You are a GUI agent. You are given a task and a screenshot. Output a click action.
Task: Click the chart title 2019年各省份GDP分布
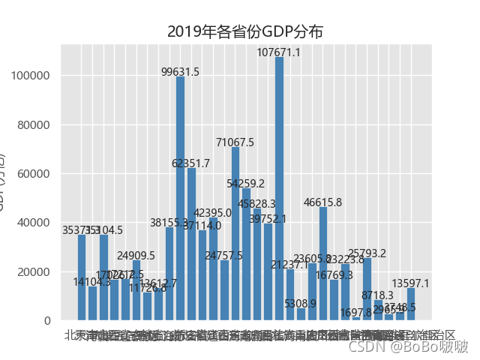[x=245, y=31]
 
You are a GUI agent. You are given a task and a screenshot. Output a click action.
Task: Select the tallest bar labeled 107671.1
[x=279, y=188]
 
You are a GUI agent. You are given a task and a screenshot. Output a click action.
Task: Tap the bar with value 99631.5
[x=180, y=198]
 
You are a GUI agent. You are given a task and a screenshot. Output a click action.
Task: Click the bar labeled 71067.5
[x=235, y=233]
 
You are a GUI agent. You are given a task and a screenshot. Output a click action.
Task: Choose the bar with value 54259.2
[x=246, y=254]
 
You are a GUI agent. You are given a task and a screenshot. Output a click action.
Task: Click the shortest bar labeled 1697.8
[x=356, y=319]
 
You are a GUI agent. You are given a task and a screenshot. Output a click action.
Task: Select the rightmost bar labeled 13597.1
[x=411, y=304]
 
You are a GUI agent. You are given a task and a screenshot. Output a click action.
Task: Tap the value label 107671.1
[x=279, y=52]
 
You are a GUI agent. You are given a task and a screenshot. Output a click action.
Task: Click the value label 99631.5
[x=180, y=72]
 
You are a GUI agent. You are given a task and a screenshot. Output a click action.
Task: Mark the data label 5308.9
[x=301, y=304]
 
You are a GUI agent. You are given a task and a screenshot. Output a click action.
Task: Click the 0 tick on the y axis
[x=46, y=321]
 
